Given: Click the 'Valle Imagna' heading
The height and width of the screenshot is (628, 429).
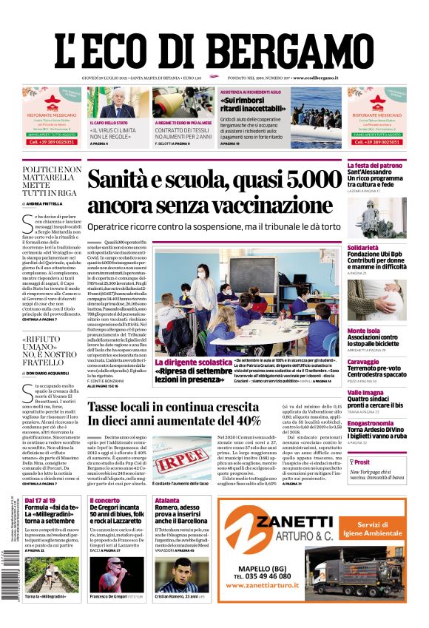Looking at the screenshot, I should tap(366, 393).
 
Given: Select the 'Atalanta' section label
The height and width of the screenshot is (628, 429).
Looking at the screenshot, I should tap(167, 501).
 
